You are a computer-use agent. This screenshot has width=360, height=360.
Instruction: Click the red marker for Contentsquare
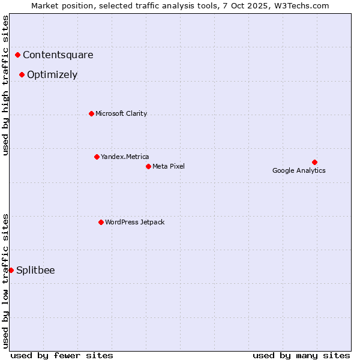18,55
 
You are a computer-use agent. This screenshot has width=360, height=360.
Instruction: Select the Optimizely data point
22,75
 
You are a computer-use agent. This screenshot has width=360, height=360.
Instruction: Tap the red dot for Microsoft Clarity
91,113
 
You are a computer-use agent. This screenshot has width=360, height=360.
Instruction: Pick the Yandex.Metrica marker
97,157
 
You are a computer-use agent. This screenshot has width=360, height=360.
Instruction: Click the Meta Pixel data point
148,166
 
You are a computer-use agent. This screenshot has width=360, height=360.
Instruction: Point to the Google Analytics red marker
314,162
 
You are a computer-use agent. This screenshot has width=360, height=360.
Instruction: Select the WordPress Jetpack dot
101,222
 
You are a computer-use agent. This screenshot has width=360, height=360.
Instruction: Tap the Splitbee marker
11,270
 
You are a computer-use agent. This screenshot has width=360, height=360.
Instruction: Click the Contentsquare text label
58,55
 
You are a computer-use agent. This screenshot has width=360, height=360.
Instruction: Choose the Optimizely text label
52,75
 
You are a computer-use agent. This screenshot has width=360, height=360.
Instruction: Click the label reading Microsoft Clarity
121,113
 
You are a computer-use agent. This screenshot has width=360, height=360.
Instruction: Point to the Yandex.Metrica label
125,157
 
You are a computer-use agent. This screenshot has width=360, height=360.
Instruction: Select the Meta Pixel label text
169,166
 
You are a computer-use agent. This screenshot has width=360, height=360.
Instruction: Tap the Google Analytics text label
299,170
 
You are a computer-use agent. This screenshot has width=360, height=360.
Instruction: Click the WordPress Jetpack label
134,222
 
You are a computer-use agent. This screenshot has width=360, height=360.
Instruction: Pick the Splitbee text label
35,270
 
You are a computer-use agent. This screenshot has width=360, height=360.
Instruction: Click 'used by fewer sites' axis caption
62,355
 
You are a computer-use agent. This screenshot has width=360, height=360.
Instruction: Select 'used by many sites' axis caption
301,355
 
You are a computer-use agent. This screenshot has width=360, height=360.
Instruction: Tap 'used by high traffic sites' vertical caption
6,85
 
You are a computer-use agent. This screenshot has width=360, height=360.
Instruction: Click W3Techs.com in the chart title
301,6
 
